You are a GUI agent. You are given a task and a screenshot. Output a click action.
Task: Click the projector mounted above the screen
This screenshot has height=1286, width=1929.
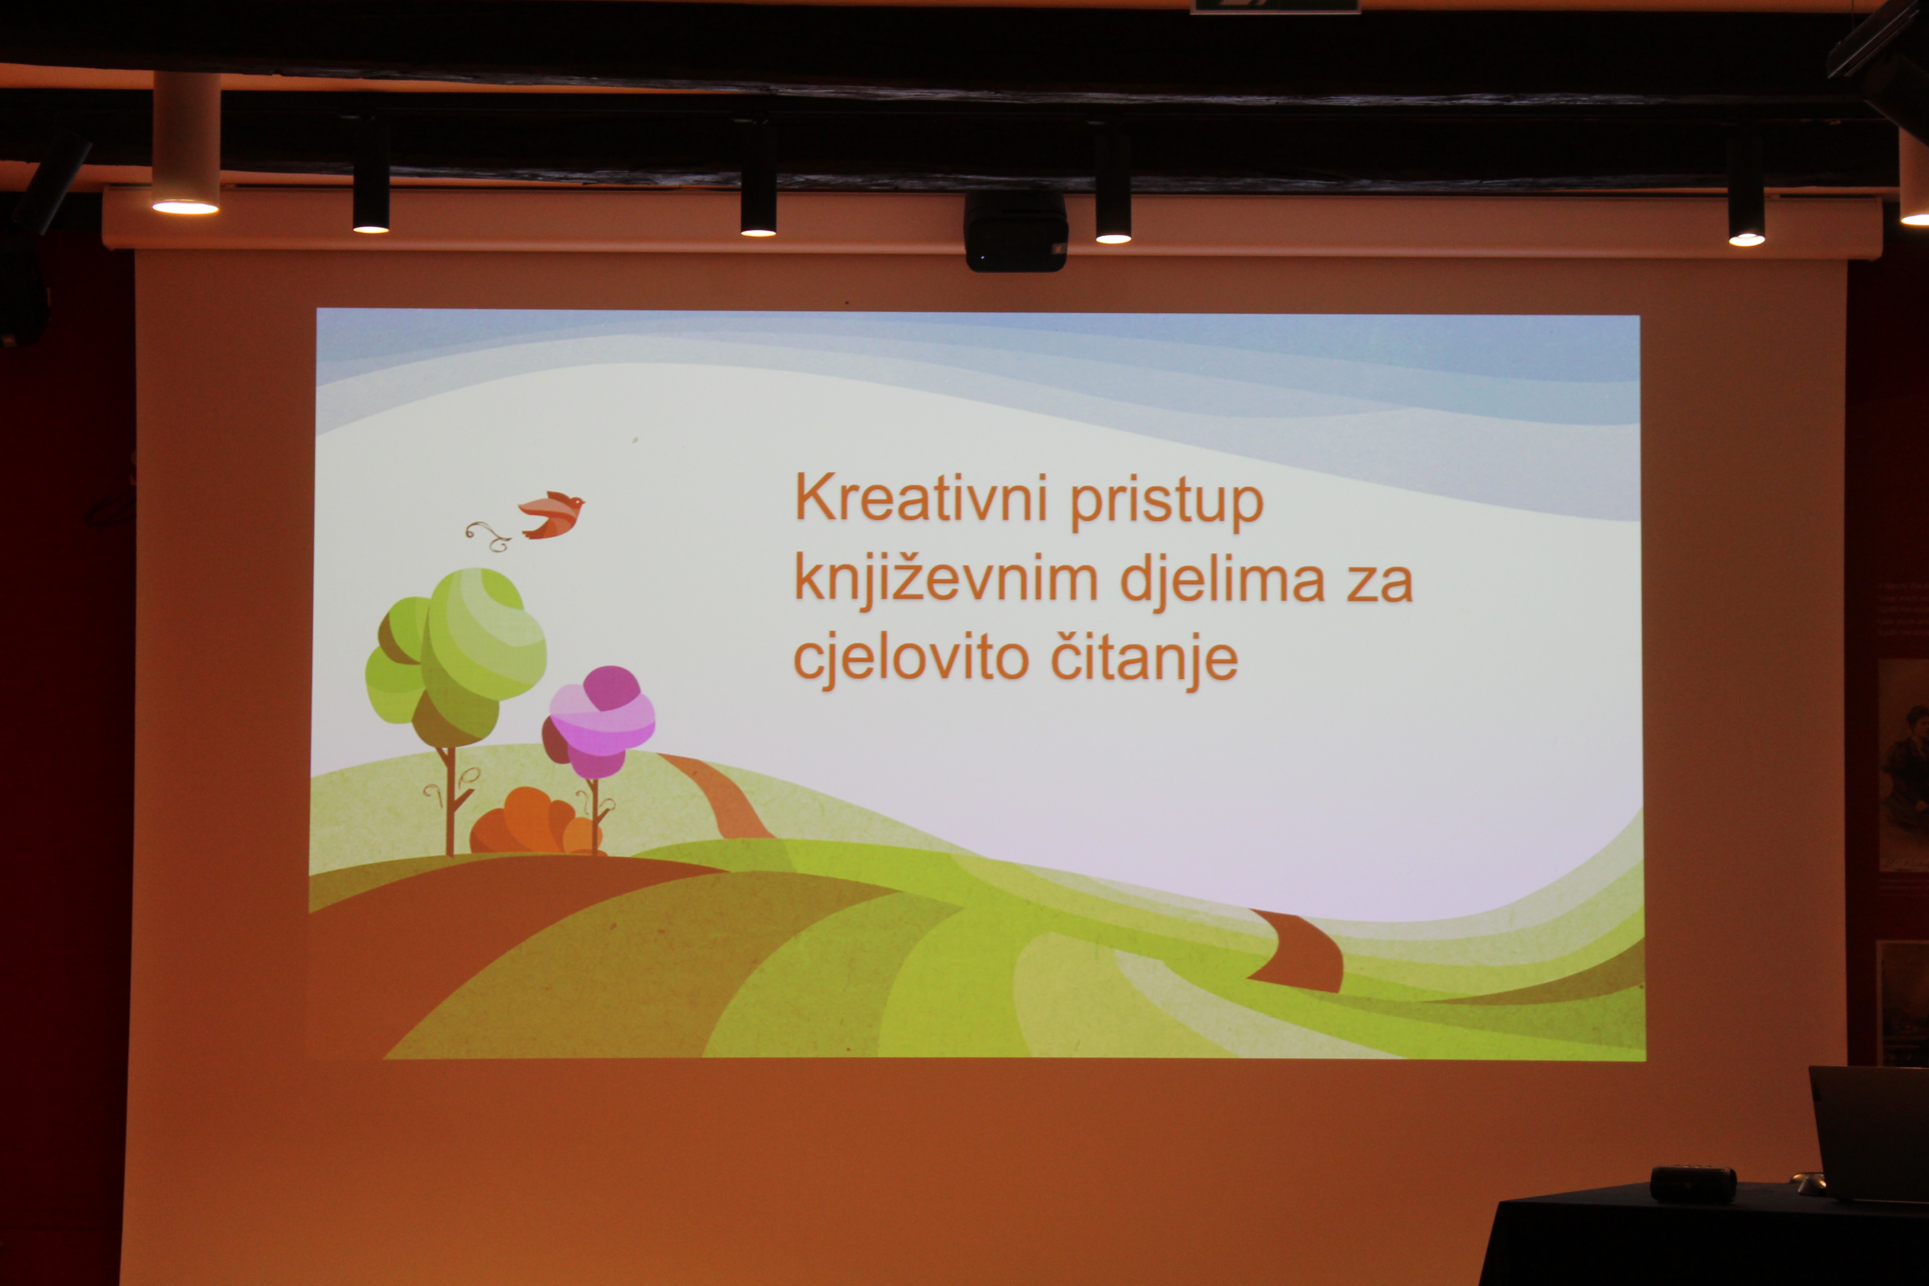(x=1015, y=231)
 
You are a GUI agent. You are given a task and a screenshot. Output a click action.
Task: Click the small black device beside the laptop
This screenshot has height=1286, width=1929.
(x=1693, y=1183)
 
